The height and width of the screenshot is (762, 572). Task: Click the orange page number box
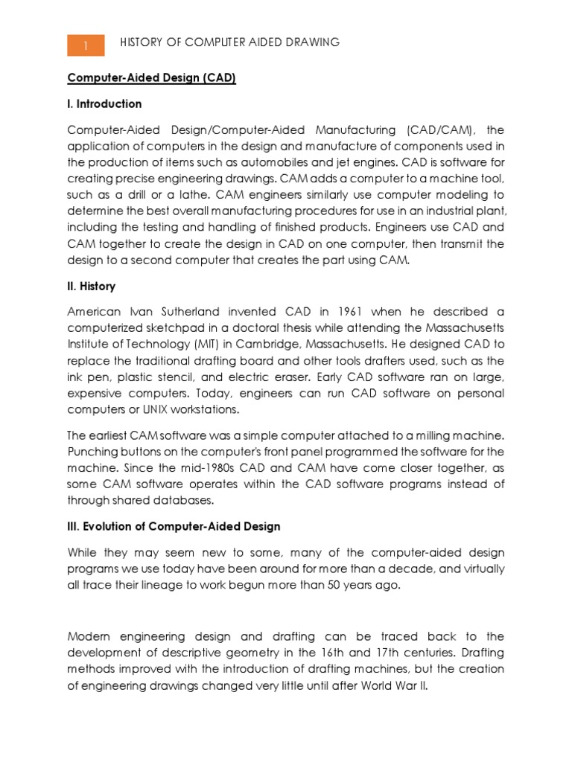click(86, 45)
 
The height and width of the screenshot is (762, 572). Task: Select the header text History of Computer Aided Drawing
click(229, 43)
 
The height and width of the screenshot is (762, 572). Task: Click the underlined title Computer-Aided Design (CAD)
click(152, 78)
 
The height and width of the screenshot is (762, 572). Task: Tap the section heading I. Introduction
click(104, 103)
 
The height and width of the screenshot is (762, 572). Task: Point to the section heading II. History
click(92, 286)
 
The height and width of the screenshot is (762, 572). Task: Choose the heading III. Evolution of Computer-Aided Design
click(174, 526)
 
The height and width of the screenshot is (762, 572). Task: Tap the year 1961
click(352, 312)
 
